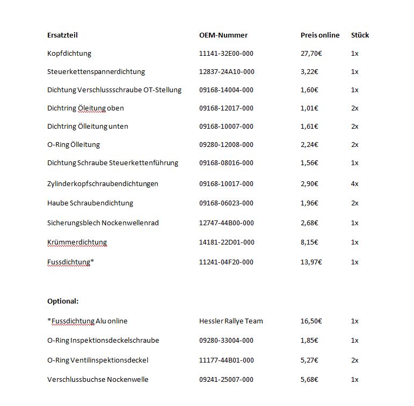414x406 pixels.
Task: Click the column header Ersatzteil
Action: tap(62, 35)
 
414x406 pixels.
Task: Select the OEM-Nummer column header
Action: tap(223, 35)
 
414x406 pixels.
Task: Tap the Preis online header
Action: tap(320, 35)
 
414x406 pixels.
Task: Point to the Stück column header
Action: tap(360, 35)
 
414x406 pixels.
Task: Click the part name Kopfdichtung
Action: tap(69, 54)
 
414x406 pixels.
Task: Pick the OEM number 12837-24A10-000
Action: tap(227, 72)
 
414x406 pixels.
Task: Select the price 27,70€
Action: tap(311, 54)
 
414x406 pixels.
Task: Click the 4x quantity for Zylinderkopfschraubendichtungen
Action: tap(354, 184)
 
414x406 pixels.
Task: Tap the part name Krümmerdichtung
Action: tap(77, 242)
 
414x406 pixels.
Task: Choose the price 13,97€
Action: tap(311, 262)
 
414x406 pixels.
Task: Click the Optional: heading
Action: tap(63, 301)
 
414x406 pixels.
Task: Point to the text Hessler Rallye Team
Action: tap(231, 321)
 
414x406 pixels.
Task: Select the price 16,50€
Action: tap(311, 321)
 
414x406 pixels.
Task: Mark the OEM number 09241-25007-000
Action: tap(227, 380)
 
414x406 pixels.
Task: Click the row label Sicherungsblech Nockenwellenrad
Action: tap(103, 223)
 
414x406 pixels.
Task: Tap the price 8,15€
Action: tap(309, 242)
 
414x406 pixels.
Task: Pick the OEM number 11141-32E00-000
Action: tap(227, 54)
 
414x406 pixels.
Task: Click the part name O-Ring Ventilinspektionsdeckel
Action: tap(98, 360)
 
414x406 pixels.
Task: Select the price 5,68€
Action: tap(309, 380)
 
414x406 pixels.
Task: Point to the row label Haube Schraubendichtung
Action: tap(90, 203)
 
